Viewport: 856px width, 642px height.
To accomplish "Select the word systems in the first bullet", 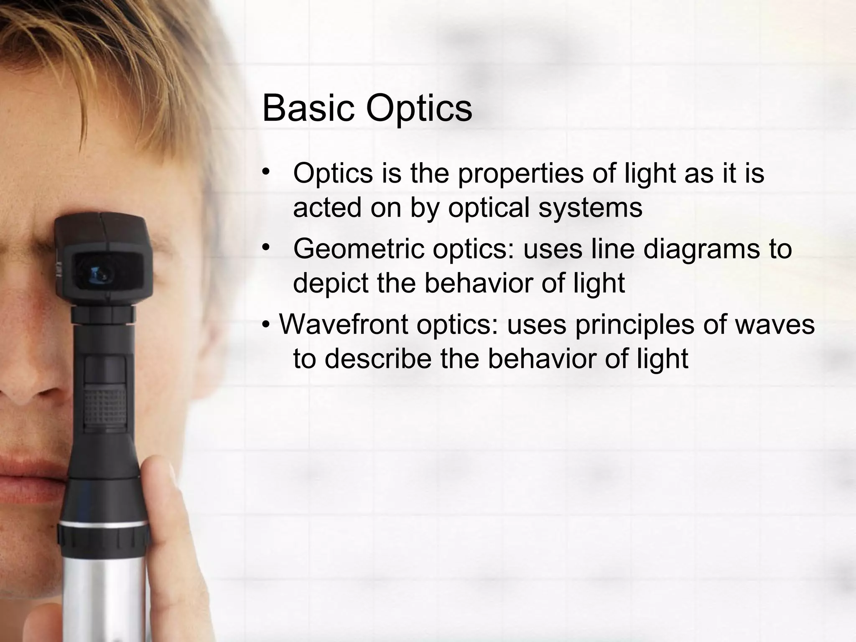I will coord(590,208).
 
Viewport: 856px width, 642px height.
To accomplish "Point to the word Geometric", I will coord(359,249).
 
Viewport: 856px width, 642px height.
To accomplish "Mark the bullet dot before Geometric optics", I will coord(265,248).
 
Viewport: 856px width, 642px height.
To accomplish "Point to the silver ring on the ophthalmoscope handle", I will coord(103,523).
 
